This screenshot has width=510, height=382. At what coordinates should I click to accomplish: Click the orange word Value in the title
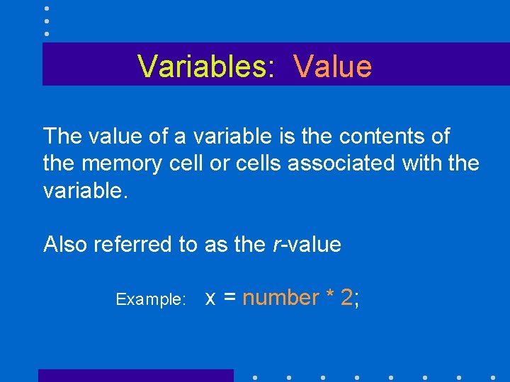tap(332, 66)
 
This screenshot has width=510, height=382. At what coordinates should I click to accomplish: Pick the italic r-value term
tap(306, 245)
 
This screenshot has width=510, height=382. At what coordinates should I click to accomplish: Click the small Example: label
tap(150, 299)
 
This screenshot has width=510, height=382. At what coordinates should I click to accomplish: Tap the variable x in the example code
tap(210, 299)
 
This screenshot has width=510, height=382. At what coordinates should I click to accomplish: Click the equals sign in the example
tap(229, 299)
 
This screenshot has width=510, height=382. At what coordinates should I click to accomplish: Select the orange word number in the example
tap(280, 299)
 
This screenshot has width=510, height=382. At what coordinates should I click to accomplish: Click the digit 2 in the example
tap(346, 298)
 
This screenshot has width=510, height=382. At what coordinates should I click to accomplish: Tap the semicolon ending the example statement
tap(356, 300)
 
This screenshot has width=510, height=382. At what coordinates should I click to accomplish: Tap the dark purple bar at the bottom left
tap(135, 376)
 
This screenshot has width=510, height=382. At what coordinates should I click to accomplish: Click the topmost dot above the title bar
tap(46, 8)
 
